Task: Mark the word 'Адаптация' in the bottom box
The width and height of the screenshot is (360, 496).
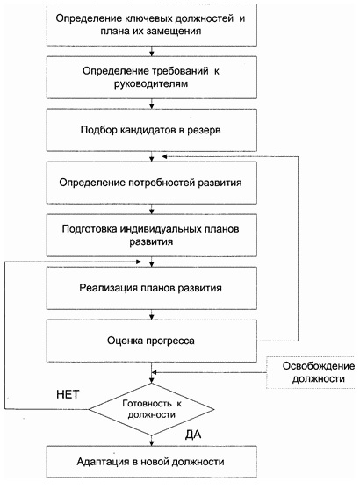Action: tap(112, 463)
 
